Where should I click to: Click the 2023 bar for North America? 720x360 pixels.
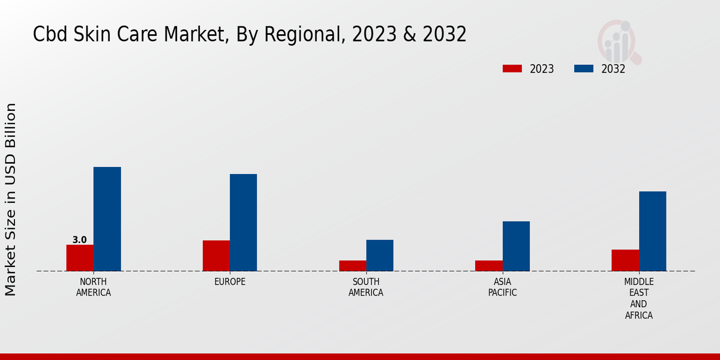coord(80,258)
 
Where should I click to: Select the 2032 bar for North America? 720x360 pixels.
coord(107,219)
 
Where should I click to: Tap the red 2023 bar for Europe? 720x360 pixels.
coord(216,256)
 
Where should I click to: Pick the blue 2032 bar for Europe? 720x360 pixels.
coord(243,223)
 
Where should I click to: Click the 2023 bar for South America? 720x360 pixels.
coord(352,266)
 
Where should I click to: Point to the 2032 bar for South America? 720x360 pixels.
coord(380,256)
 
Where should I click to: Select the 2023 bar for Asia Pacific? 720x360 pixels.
coord(489,266)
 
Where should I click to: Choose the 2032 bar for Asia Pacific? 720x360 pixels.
coord(516,246)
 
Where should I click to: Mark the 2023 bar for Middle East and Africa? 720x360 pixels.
coord(625,260)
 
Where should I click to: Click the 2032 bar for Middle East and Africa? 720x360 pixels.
coord(652,231)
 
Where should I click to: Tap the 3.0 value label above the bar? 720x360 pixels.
coord(79,240)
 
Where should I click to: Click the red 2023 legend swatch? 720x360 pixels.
coord(512,69)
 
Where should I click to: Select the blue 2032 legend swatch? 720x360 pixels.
coord(583,69)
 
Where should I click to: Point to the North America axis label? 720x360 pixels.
coord(94,287)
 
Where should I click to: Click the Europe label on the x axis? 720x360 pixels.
coord(230,282)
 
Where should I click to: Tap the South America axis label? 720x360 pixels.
coord(366,287)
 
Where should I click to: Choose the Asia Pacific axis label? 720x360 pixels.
coord(503,287)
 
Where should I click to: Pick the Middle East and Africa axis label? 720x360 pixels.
coord(639,298)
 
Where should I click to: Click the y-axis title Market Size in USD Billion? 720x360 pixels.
coord(11,199)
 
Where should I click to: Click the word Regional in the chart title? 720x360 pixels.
coord(290,35)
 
